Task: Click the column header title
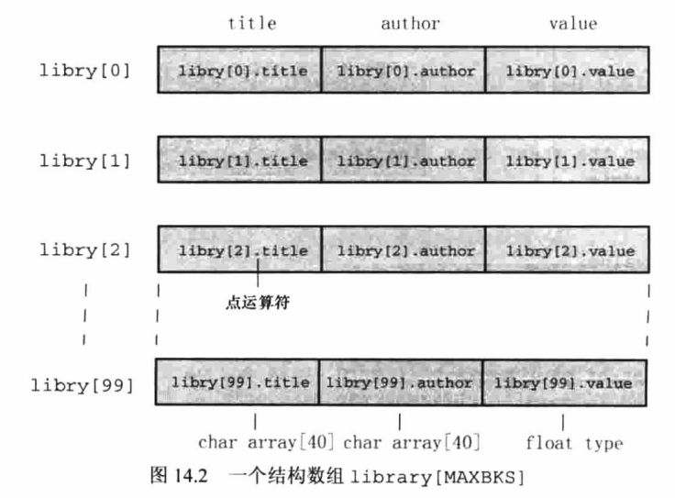pos(251,24)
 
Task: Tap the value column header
pos(573,24)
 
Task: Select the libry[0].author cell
pos(404,71)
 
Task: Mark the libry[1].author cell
pos(404,160)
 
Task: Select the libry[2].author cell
pos(404,250)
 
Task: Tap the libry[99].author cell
pos(400,382)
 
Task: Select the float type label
pos(574,444)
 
